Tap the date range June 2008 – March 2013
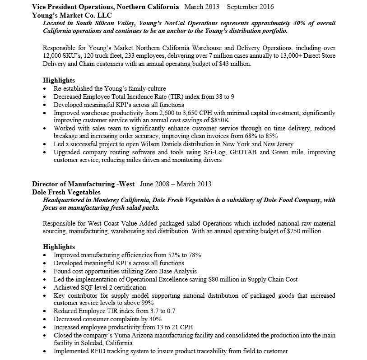176,184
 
